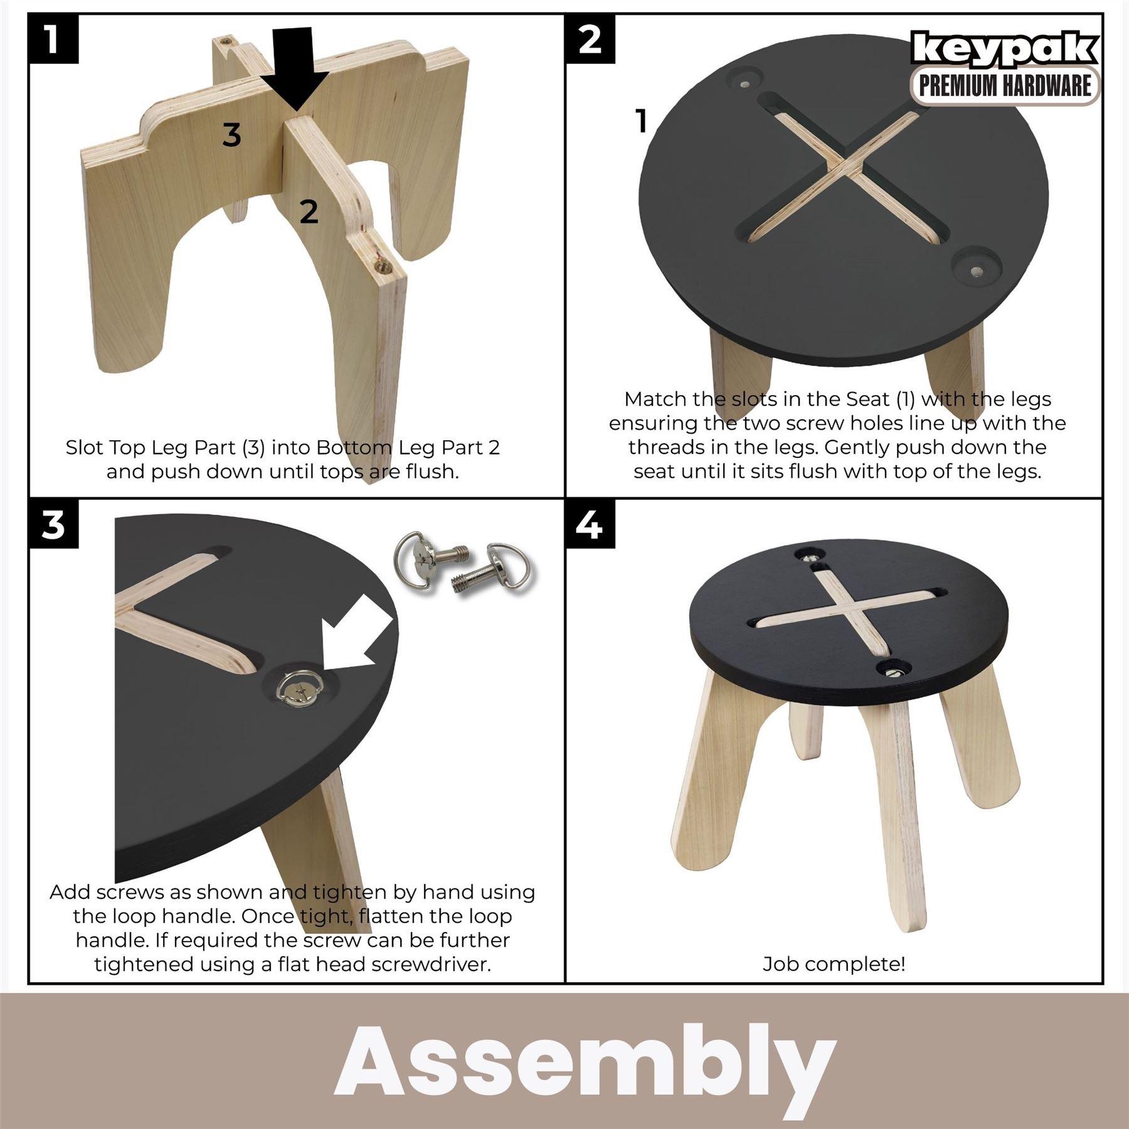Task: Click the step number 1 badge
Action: coord(53,39)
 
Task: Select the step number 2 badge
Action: coord(590,39)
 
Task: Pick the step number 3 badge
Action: coord(53,524)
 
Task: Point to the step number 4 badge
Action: coord(590,524)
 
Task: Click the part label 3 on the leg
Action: coord(231,134)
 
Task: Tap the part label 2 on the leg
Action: coord(308,212)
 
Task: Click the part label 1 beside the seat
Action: coord(640,121)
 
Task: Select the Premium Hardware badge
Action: coord(1005,86)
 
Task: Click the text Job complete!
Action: coord(834,963)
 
